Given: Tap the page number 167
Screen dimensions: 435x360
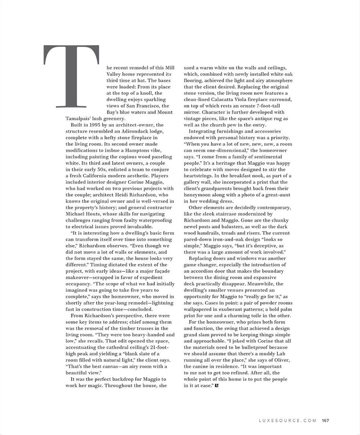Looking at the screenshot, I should [326, 420].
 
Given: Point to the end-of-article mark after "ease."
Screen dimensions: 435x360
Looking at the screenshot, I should [217, 386].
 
